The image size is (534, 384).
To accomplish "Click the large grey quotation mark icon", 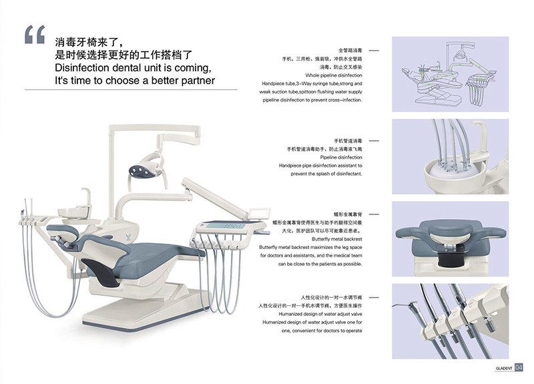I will (35, 35).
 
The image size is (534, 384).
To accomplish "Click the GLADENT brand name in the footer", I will (502, 367).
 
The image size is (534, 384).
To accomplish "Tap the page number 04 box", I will (519, 367).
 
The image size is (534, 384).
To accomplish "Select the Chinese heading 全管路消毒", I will (350, 50).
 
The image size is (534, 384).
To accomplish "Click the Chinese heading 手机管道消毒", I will (348, 142).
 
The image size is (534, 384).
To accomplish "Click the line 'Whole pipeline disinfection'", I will (334, 75).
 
